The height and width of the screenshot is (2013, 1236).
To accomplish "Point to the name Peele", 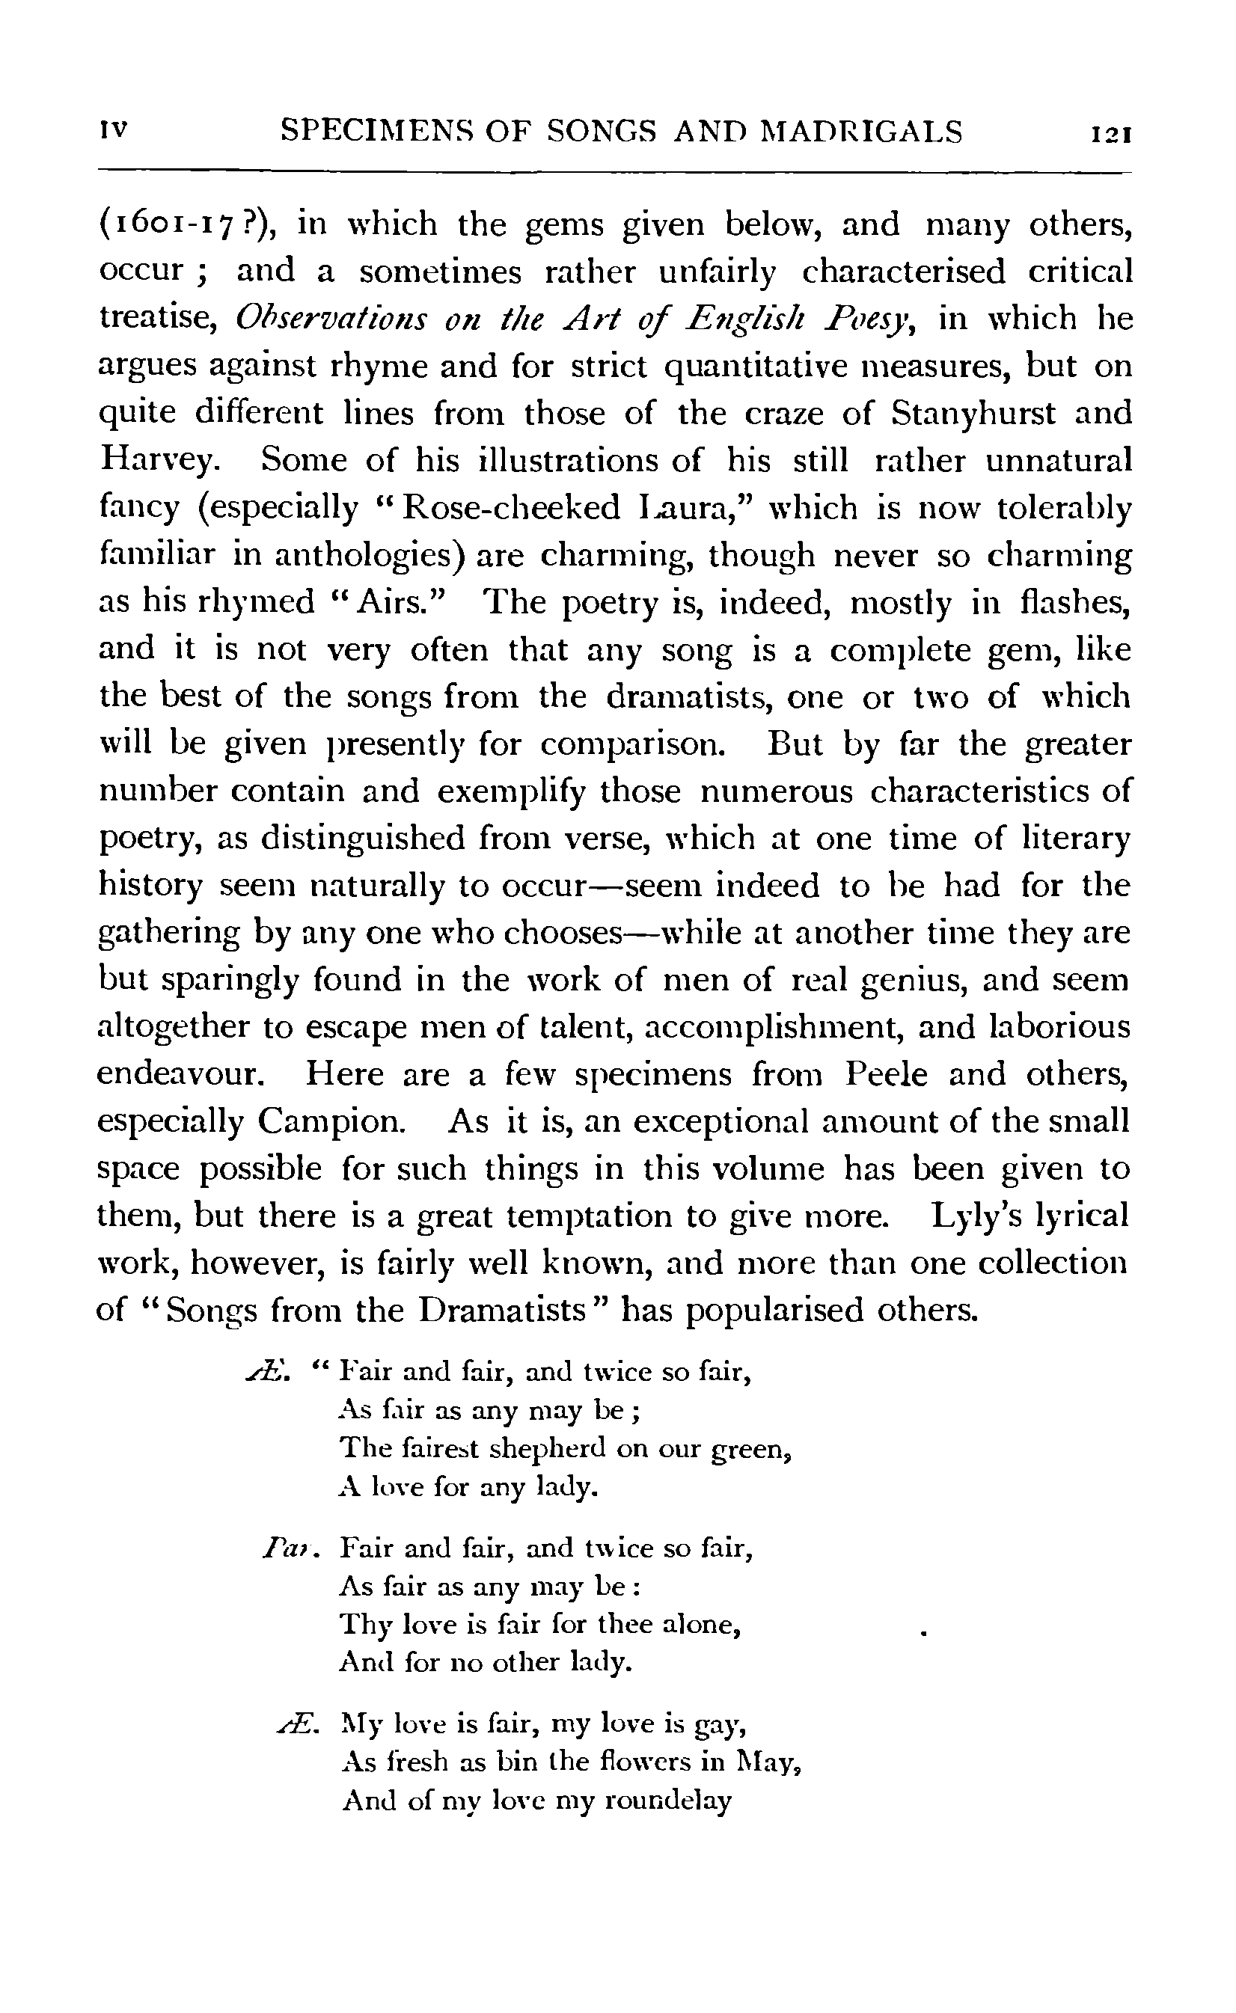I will click(x=886, y=1073).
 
